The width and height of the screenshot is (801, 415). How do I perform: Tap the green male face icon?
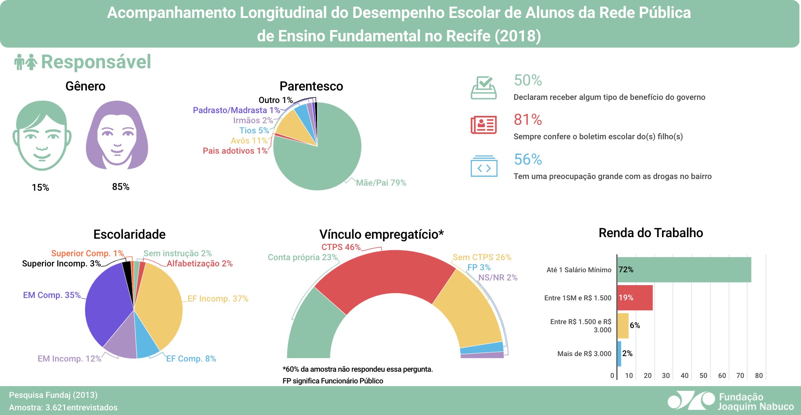(42, 135)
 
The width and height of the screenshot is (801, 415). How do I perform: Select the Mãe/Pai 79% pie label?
(381, 183)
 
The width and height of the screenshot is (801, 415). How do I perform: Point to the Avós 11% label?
(249, 141)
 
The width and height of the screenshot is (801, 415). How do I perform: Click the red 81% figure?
(528, 120)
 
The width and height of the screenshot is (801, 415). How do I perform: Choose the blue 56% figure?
(528, 160)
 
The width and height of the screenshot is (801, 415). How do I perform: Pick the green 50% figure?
(528, 80)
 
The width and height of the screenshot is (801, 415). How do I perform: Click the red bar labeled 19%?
(635, 298)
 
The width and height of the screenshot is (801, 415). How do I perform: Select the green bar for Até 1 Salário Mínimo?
(684, 270)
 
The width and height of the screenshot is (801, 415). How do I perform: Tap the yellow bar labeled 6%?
(623, 326)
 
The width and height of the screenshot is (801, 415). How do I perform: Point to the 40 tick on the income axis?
(684, 376)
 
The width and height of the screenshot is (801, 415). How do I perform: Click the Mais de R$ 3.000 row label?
(584, 354)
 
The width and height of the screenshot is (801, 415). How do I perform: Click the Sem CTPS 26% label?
(482, 257)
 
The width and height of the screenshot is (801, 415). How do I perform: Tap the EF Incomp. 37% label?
(218, 299)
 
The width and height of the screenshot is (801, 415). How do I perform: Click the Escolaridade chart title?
(129, 234)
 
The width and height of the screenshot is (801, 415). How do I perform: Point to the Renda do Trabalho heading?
(651, 233)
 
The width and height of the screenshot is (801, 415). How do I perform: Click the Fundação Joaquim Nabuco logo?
(730, 401)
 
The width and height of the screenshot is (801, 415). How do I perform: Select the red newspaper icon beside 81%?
(484, 125)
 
